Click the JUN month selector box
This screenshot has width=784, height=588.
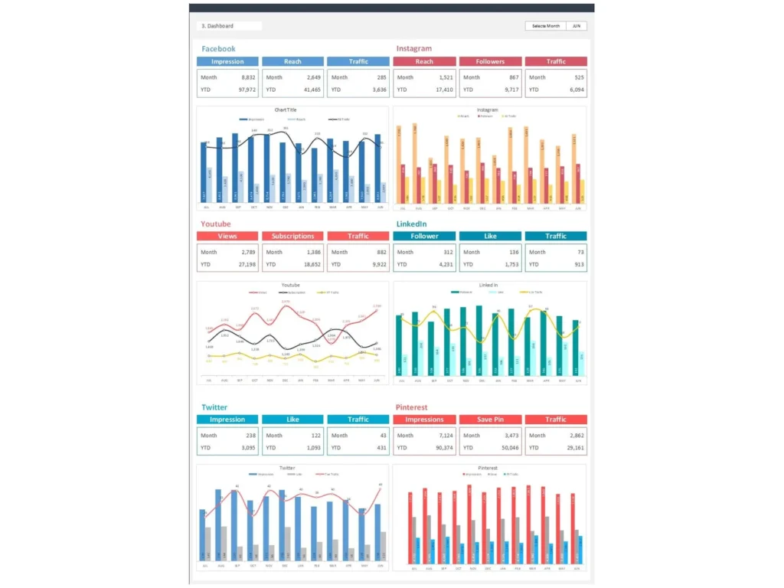click(x=577, y=26)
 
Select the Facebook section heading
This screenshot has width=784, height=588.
click(x=218, y=49)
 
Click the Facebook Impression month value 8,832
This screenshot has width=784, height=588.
click(x=248, y=77)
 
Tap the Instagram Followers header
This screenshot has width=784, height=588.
click(x=490, y=61)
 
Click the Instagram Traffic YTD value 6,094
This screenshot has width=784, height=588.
click(x=574, y=90)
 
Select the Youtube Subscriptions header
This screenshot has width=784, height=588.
click(x=292, y=236)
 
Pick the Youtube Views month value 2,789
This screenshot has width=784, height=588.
click(x=248, y=252)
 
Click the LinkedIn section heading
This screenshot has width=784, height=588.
click(x=411, y=224)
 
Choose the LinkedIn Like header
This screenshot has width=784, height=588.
click(x=490, y=236)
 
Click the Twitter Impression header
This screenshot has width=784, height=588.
click(x=227, y=420)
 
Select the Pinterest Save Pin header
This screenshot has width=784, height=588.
click(x=490, y=420)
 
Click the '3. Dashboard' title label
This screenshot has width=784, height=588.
click(x=217, y=26)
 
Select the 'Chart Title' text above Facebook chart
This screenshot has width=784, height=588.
click(x=286, y=110)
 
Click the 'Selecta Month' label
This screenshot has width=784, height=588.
click(x=546, y=26)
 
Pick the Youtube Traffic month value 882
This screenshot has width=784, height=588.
click(x=380, y=252)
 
